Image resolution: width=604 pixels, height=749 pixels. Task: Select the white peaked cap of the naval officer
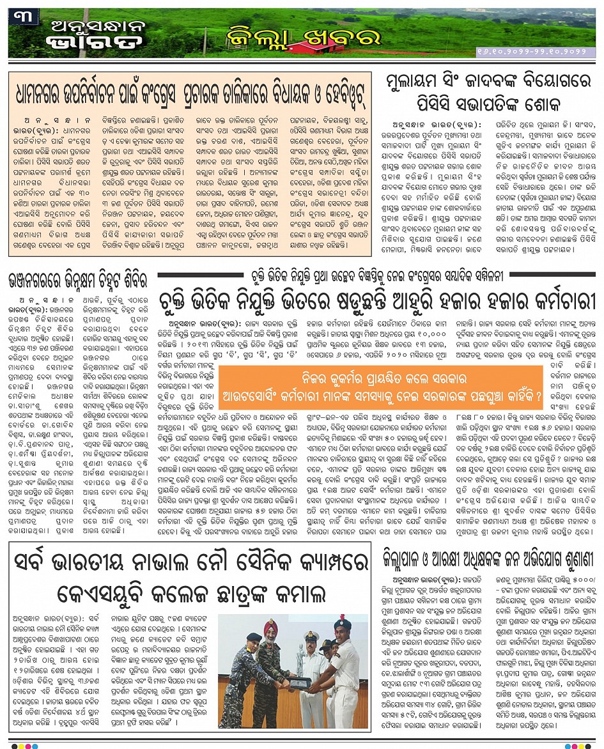point(312,635)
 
